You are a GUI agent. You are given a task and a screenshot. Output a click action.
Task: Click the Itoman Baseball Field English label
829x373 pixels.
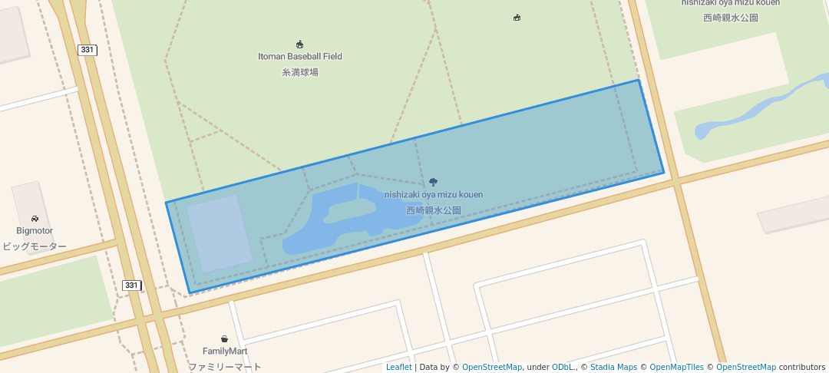click(300, 56)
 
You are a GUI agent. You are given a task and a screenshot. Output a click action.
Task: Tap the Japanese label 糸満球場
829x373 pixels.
click(300, 72)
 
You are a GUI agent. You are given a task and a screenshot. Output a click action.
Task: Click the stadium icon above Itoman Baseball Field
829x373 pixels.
click(300, 44)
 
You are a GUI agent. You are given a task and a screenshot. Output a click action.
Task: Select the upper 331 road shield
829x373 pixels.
click(87, 50)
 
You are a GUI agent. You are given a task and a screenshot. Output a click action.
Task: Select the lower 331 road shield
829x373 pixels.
click(131, 286)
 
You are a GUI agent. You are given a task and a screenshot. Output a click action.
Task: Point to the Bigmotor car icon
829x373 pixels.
click(35, 219)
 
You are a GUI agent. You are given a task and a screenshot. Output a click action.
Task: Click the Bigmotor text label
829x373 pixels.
click(35, 230)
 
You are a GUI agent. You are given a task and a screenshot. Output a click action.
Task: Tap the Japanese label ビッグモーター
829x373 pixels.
click(35, 246)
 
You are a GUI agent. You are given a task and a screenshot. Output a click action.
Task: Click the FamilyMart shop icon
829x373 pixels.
click(224, 338)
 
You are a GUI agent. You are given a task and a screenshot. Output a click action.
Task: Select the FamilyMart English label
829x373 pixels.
click(224, 351)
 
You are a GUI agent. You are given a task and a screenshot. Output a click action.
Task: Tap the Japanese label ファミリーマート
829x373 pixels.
click(224, 367)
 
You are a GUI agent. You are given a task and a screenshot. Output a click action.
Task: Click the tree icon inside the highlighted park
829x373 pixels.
click(433, 182)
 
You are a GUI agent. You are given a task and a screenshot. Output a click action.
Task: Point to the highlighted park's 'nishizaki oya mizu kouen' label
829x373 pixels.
click(434, 195)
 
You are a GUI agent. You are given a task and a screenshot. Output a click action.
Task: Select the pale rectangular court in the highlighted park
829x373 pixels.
click(220, 233)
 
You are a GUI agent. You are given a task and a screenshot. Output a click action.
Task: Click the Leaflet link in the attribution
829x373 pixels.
click(398, 367)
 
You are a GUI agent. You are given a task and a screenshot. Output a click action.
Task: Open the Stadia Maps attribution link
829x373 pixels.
click(613, 367)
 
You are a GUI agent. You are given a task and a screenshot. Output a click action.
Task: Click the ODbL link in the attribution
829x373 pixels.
click(563, 367)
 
